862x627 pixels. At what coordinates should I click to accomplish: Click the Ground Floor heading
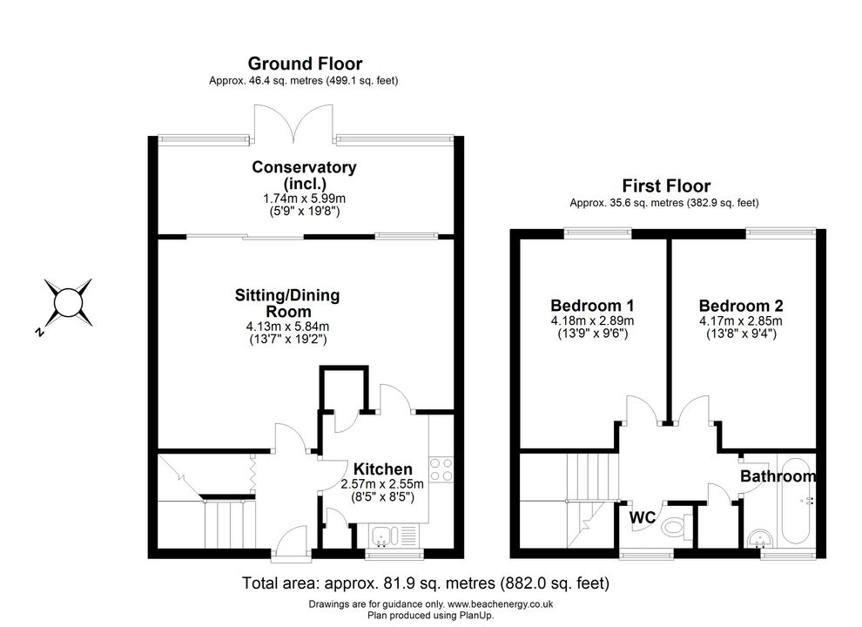(305, 64)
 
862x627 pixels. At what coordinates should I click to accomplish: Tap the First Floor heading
(666, 185)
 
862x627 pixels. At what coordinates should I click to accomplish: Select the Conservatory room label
(304, 175)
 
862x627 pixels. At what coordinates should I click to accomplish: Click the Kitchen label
(382, 469)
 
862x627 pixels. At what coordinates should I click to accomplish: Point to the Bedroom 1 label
(592, 306)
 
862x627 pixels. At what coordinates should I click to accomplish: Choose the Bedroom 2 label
(741, 306)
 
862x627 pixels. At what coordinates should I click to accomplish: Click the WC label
(642, 517)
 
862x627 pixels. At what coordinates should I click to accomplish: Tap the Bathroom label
(778, 475)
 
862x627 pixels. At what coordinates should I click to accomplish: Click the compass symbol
(68, 303)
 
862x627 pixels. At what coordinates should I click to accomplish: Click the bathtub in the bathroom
(796, 500)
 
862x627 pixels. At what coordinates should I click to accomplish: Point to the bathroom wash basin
(760, 538)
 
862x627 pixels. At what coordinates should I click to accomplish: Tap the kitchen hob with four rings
(441, 469)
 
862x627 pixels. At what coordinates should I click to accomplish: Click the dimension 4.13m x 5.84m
(287, 327)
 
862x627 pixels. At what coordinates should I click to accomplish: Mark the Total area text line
(426, 583)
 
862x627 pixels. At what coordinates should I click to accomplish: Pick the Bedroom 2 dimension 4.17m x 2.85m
(740, 320)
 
